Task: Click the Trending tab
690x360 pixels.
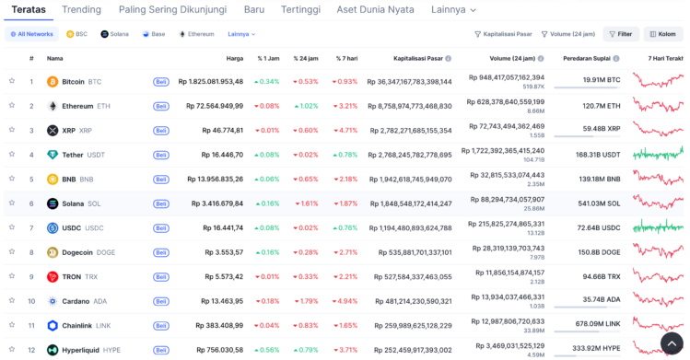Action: click(81, 10)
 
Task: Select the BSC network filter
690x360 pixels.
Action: click(76, 34)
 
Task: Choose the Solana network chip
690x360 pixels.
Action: click(114, 34)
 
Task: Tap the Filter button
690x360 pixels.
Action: click(621, 34)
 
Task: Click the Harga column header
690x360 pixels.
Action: click(235, 58)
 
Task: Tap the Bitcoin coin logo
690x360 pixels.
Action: click(53, 81)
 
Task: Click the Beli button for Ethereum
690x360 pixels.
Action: click(161, 106)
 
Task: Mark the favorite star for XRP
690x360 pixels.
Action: click(12, 130)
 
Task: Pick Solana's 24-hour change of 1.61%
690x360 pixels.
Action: click(306, 203)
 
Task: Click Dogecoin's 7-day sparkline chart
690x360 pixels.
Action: click(658, 251)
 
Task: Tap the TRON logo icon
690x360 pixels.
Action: click(53, 276)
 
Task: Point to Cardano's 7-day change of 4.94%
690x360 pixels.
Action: click(345, 301)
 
